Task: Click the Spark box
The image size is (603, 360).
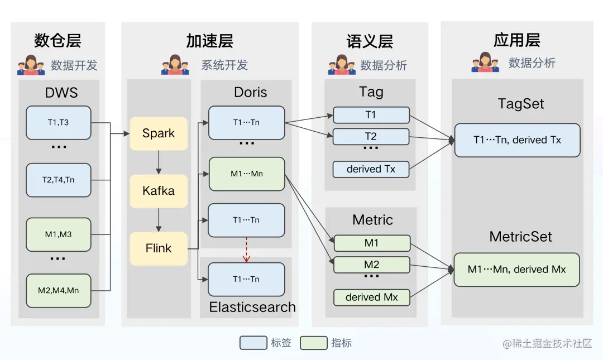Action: [x=159, y=133]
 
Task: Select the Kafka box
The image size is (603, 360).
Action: [x=159, y=191]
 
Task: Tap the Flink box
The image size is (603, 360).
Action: [x=159, y=248]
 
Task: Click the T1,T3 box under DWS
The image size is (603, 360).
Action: [x=58, y=123]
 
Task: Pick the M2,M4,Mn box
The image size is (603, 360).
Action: [x=58, y=290]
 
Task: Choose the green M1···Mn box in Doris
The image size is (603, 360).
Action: [x=246, y=174]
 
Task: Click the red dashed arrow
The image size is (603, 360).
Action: [x=246, y=250]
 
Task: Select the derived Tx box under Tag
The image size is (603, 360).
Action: [x=371, y=169]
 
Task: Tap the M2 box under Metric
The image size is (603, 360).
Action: [x=371, y=265]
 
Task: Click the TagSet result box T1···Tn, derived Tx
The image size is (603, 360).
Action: [x=517, y=140]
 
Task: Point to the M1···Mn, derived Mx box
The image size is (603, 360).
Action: [x=517, y=270]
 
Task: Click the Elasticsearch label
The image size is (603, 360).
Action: [x=252, y=307]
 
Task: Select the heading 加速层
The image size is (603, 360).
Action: [x=209, y=41]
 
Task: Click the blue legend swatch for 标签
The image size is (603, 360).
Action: [x=253, y=343]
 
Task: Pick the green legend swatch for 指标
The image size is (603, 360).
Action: [x=313, y=343]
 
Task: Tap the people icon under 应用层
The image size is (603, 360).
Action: [x=485, y=63]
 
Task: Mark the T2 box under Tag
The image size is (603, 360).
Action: [x=371, y=136]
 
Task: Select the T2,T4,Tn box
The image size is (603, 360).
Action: [x=58, y=180]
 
